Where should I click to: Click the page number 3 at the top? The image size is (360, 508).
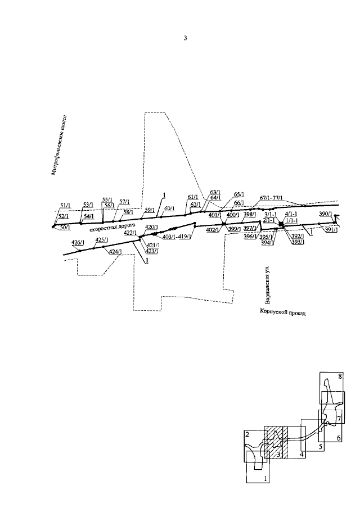point(185,38)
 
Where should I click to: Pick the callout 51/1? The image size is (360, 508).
point(64,206)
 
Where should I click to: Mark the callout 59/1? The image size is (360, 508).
point(149,210)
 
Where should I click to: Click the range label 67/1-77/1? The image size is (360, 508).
point(271,198)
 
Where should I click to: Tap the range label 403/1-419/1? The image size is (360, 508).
point(177,237)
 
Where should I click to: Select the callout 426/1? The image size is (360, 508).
point(78,242)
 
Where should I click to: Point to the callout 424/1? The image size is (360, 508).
point(114,251)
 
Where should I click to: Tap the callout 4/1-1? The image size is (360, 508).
point(291,214)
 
